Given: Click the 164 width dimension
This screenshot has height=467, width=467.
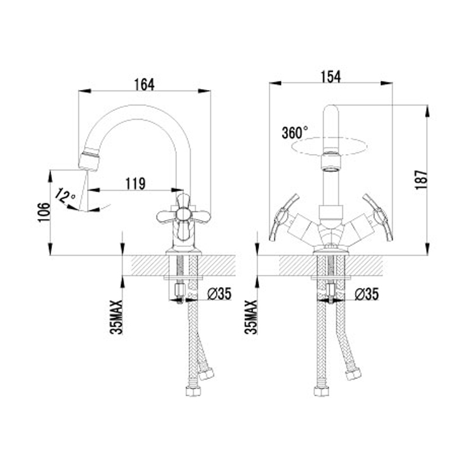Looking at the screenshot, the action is [x=144, y=85].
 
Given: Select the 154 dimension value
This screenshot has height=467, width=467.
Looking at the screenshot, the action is [x=330, y=76].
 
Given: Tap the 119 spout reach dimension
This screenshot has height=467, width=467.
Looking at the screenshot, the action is [x=135, y=183].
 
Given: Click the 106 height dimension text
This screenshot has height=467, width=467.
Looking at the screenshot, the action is [x=43, y=212].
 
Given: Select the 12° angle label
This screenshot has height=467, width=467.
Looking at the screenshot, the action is [x=65, y=196].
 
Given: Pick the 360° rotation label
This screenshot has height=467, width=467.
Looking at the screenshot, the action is [x=295, y=133].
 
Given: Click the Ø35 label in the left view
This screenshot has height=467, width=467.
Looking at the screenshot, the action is [x=219, y=294].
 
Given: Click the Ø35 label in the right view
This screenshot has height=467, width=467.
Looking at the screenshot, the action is [x=367, y=294].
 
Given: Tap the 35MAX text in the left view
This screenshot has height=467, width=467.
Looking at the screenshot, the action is [x=116, y=317].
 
